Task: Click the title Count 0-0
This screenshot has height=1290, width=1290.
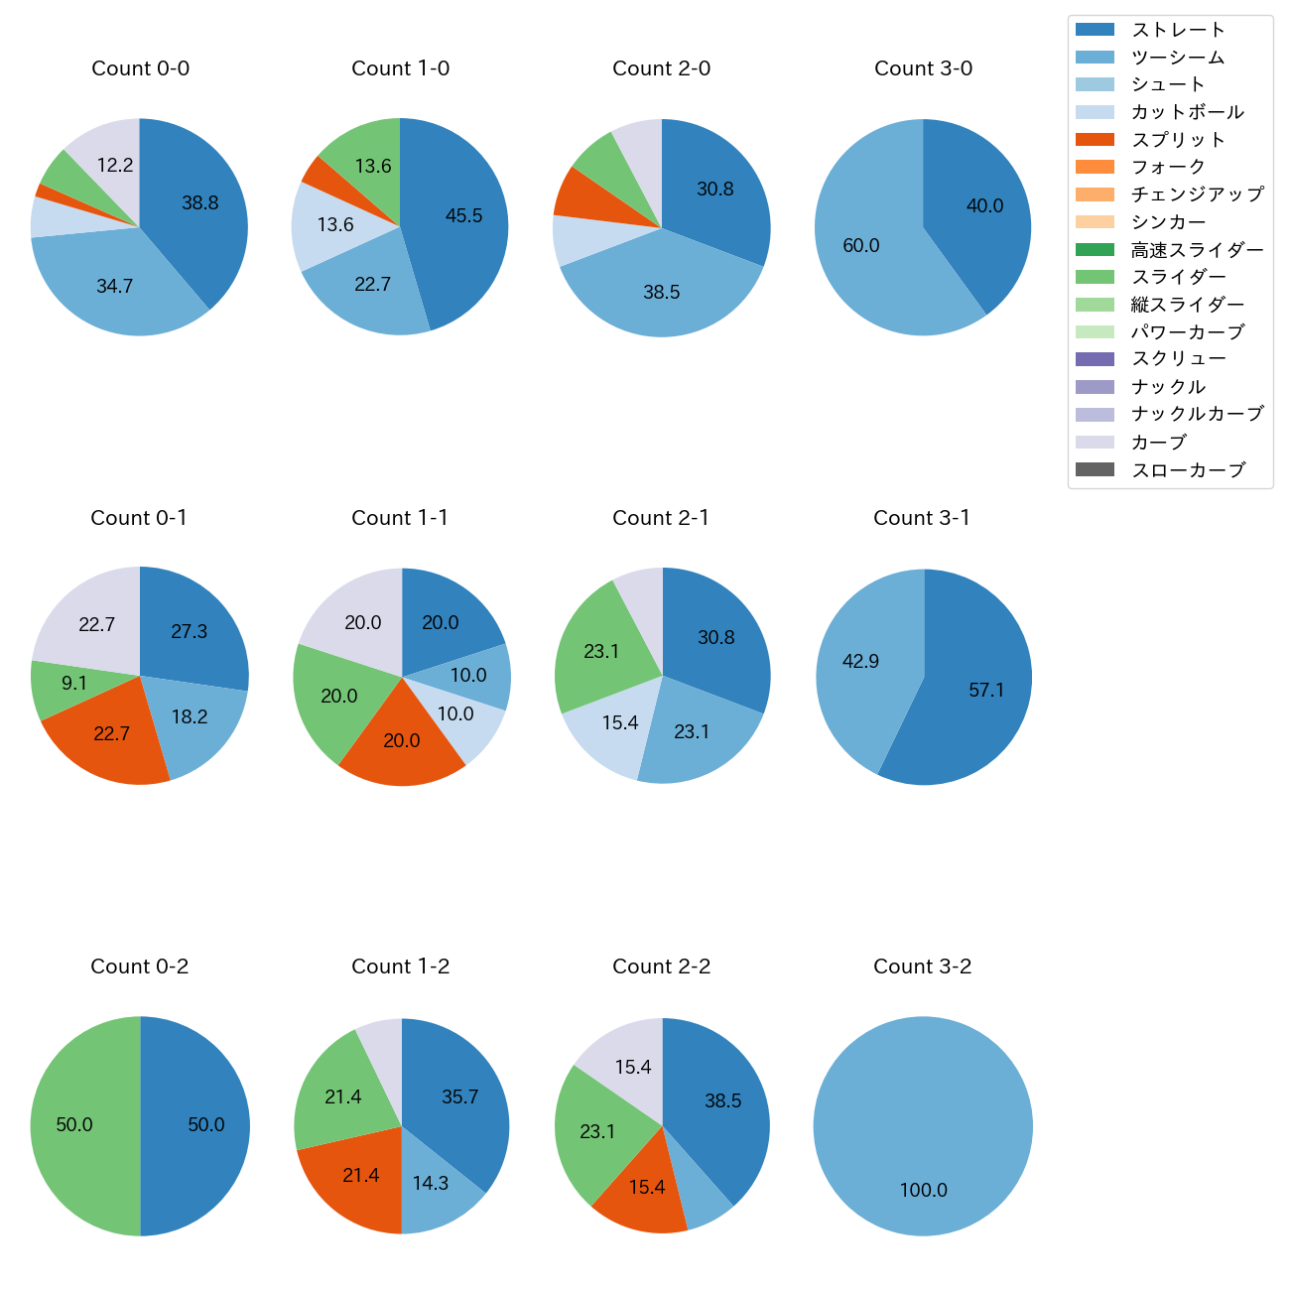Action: [140, 68]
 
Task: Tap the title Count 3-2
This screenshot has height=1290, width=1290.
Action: [922, 967]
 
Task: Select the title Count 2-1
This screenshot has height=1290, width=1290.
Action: [661, 518]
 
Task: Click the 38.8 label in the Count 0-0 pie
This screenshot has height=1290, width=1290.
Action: [199, 203]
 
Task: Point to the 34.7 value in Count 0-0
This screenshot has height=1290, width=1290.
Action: [115, 287]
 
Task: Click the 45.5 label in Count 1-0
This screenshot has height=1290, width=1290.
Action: [463, 216]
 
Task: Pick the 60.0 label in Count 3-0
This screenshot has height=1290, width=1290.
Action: [860, 246]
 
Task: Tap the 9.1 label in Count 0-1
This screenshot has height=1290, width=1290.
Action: [74, 684]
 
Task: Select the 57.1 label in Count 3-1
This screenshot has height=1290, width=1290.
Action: [986, 691]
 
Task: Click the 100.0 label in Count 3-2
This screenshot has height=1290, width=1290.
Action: [923, 1191]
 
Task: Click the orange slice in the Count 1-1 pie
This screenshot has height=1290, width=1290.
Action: [402, 739]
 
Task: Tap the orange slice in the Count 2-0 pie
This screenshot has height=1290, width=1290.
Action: [573, 193]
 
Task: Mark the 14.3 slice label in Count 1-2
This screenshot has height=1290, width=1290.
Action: [431, 1184]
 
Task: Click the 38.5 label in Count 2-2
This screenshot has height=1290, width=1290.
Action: [722, 1101]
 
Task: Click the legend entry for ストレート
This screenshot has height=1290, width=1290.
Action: [1178, 30]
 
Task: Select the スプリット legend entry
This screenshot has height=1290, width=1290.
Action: [1178, 140]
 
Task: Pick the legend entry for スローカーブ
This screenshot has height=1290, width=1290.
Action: [1188, 470]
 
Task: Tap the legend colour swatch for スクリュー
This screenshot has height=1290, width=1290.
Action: [1095, 359]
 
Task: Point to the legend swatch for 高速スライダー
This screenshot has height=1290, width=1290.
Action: [1095, 249]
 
